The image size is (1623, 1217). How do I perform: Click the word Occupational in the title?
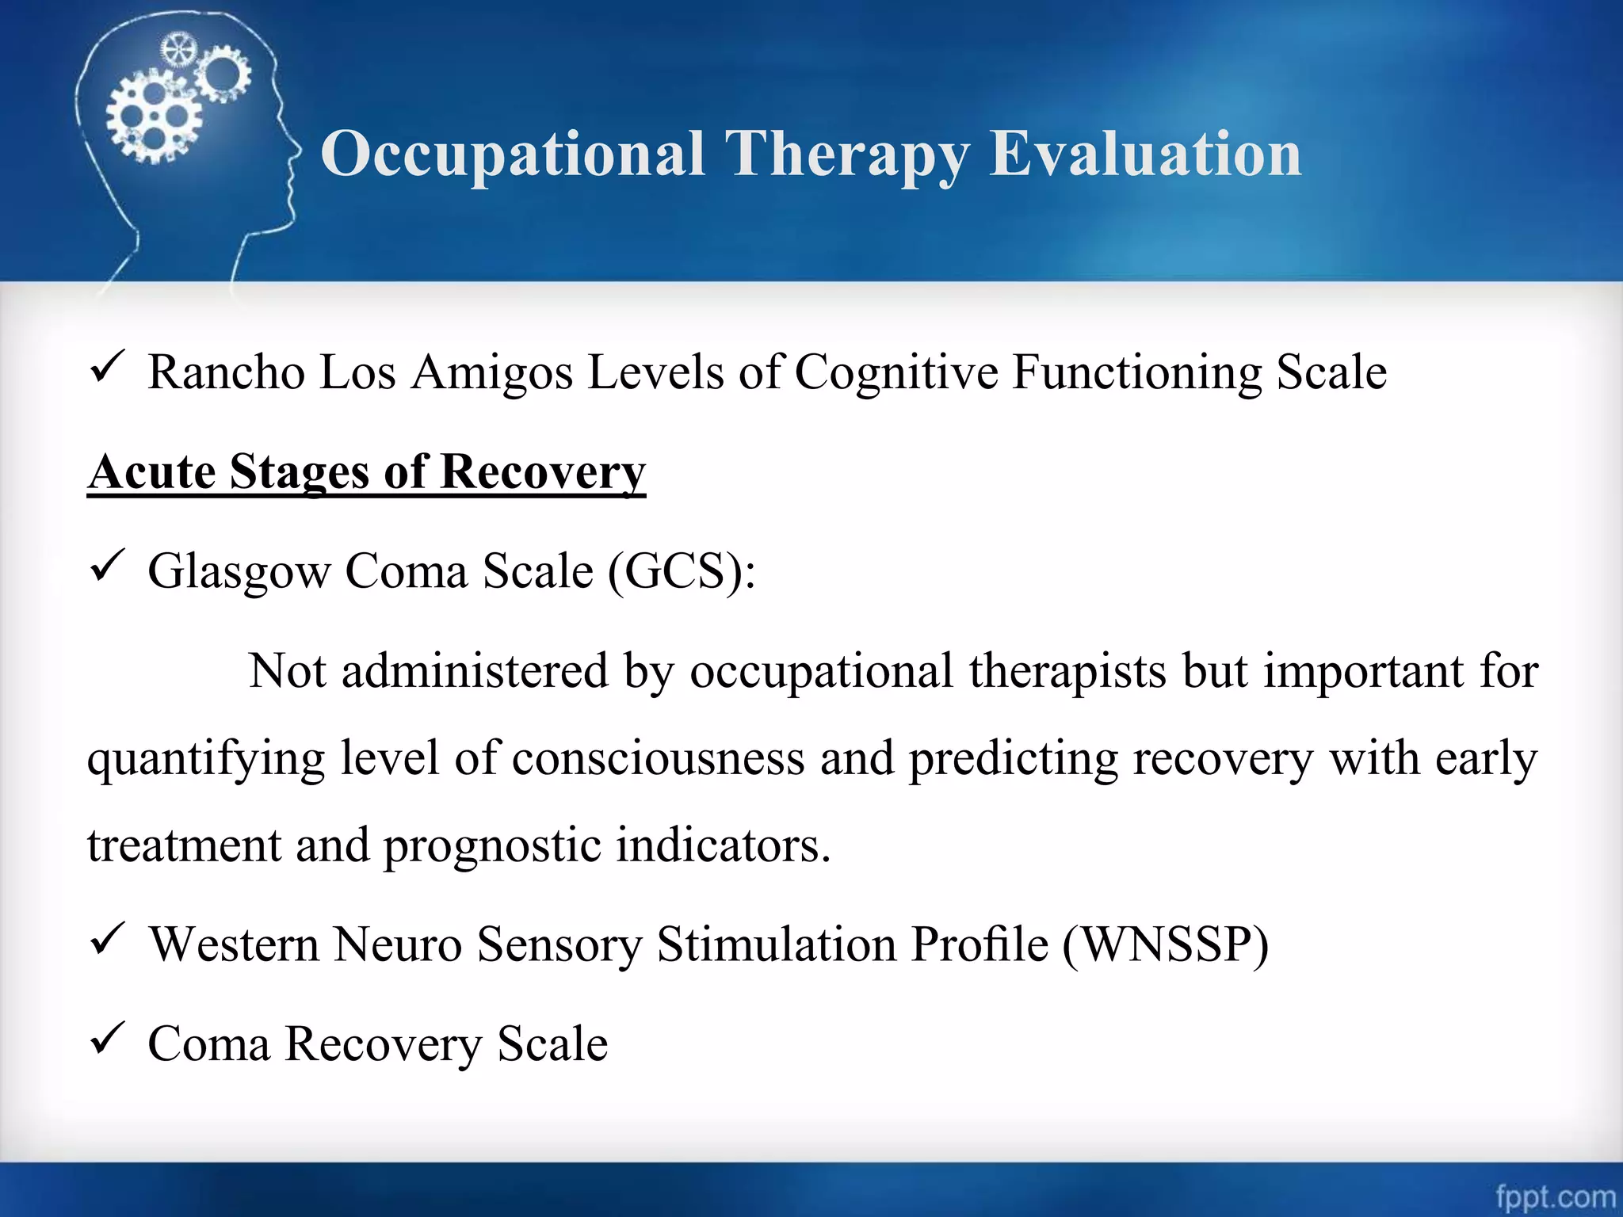(512, 155)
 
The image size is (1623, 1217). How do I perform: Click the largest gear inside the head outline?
(153, 117)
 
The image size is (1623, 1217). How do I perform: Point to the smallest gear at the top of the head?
(178, 51)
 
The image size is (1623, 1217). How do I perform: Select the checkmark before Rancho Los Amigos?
(105, 367)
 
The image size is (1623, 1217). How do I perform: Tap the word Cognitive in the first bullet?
(896, 372)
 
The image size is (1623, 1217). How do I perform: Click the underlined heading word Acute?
(151, 472)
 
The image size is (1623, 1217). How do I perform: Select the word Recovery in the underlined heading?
(543, 472)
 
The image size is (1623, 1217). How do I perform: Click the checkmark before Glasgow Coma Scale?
(105, 566)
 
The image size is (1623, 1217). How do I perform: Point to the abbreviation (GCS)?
(682, 571)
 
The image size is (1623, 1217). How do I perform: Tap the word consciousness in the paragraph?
(658, 758)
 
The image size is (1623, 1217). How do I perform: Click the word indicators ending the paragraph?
(723, 845)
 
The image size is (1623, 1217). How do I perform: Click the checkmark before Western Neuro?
(105, 939)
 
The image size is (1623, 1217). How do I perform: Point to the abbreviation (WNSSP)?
(1165, 944)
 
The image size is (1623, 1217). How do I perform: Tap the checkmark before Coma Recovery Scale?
(105, 1038)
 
